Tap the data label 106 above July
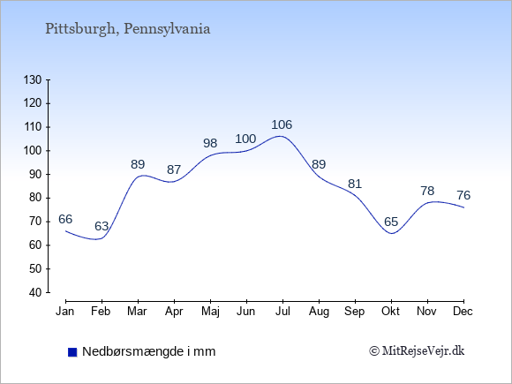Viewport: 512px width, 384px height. [282, 125]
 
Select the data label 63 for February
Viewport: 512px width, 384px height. [102, 227]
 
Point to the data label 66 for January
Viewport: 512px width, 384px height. [65, 220]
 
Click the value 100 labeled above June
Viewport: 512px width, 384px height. [245, 139]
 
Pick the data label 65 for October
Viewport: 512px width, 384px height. [391, 222]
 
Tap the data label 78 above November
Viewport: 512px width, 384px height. [427, 192]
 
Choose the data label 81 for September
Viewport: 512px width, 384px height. [355, 184]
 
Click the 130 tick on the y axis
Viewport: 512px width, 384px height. [33, 79]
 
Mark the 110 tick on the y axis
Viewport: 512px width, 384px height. [33, 127]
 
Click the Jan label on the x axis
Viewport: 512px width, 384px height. [65, 312]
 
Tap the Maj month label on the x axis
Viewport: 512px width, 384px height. [210, 312]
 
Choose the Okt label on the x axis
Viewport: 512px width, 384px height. [391, 312]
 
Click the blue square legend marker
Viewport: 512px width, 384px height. [71, 352]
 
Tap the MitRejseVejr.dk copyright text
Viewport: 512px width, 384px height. [417, 352]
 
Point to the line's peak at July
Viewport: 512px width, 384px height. [281, 136]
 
